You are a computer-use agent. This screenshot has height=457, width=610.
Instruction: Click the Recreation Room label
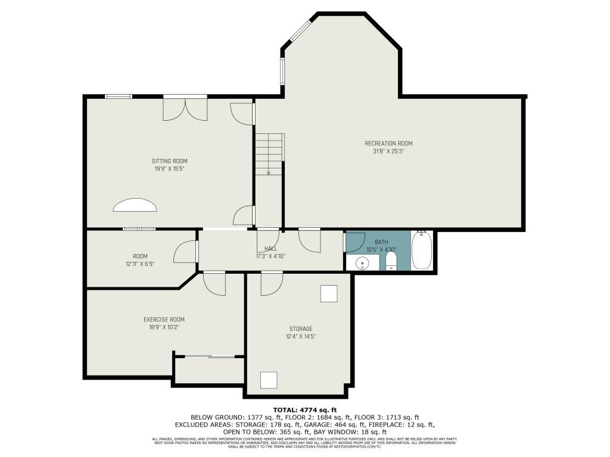point(388,143)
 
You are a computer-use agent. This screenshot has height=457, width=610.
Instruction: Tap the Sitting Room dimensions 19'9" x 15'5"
point(169,169)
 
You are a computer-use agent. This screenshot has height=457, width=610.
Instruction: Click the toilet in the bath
point(391,261)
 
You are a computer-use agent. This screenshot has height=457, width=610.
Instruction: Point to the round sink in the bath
point(362,263)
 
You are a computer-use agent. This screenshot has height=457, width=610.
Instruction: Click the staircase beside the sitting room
point(269,154)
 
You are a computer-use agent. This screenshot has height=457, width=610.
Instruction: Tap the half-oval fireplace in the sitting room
point(135,205)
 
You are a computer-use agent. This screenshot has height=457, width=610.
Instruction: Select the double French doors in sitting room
point(185,108)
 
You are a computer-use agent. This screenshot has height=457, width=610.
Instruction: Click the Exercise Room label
point(164,320)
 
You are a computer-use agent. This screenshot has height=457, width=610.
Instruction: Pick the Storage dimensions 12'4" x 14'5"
point(300,336)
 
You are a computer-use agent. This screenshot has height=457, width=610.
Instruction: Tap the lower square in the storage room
point(269,380)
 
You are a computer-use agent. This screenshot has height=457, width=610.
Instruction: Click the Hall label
point(270,249)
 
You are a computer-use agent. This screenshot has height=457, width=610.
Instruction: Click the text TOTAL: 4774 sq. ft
point(305,410)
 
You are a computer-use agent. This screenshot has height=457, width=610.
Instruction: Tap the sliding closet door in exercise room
point(209,356)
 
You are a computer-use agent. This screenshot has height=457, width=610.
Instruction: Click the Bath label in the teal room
point(381,242)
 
